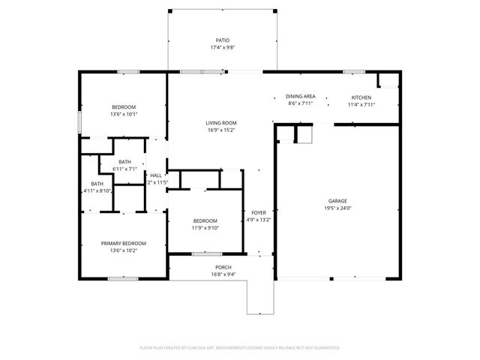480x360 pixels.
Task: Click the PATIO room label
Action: (222, 40)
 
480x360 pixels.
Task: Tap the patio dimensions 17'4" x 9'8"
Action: (222, 48)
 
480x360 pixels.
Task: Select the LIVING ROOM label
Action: (221, 123)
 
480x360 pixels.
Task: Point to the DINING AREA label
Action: (300, 97)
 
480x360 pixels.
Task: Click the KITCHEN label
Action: (361, 97)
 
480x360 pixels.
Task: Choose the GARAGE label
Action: (337, 201)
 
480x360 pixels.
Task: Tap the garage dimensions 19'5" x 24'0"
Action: (337, 209)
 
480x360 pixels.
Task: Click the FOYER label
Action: (258, 212)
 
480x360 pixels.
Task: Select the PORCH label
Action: (223, 267)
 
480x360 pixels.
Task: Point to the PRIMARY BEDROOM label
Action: (124, 243)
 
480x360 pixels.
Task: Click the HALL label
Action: (156, 175)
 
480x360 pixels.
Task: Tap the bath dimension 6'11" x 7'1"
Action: (124, 169)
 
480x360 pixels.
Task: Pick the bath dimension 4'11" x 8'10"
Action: (97, 191)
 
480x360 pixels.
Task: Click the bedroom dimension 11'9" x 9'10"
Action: (204, 228)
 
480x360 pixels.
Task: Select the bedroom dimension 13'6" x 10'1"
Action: (124, 114)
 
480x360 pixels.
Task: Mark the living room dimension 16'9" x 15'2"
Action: (221, 130)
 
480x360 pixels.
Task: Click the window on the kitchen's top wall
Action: (354, 72)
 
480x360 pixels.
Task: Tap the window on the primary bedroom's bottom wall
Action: (122, 279)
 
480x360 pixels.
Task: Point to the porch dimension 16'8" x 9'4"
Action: (223, 274)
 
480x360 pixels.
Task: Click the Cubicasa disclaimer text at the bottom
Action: (240, 347)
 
